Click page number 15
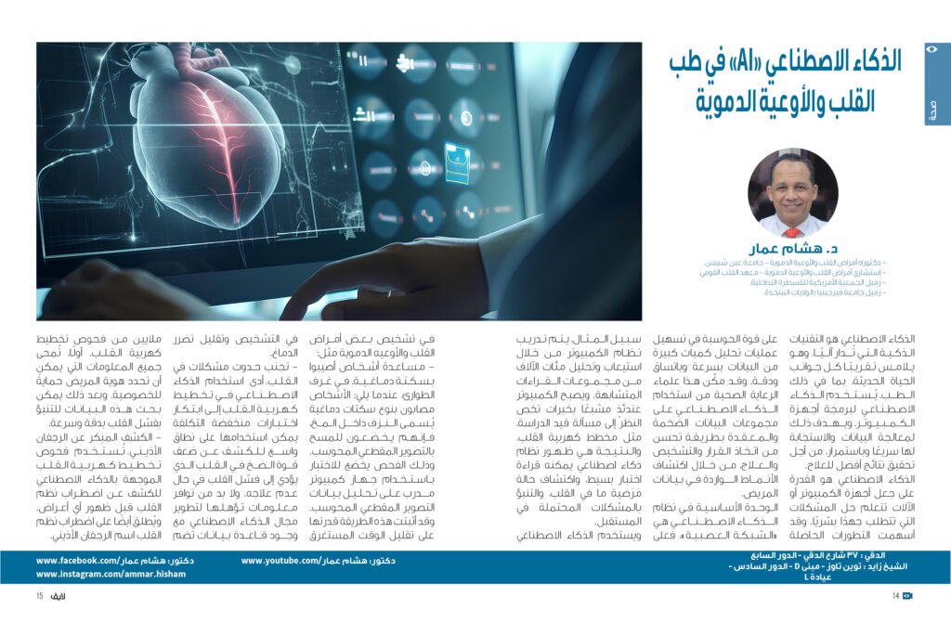coord(41,595)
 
